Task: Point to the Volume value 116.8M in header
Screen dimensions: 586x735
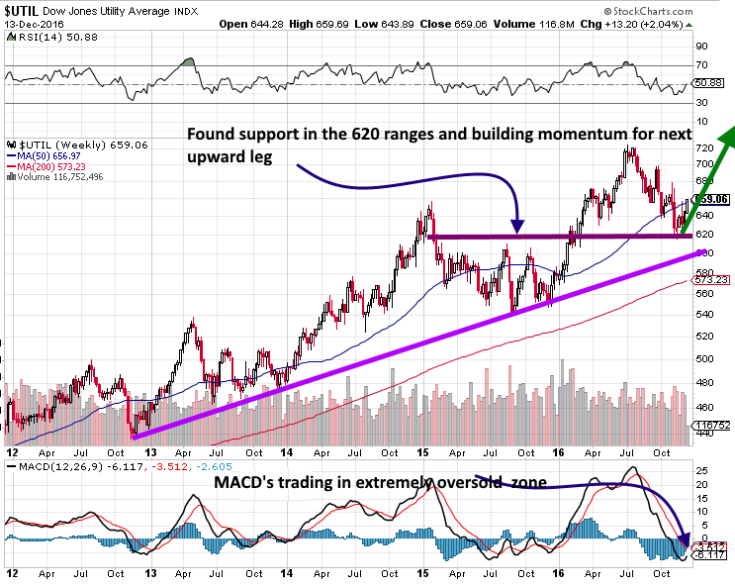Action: coord(584,24)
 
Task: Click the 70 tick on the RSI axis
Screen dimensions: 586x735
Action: coord(702,65)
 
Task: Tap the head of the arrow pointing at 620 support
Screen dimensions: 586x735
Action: coord(517,229)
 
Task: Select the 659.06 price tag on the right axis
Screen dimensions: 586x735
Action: coord(713,199)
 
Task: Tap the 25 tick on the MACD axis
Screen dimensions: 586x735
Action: coord(702,469)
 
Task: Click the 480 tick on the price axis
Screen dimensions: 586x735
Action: coord(704,383)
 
